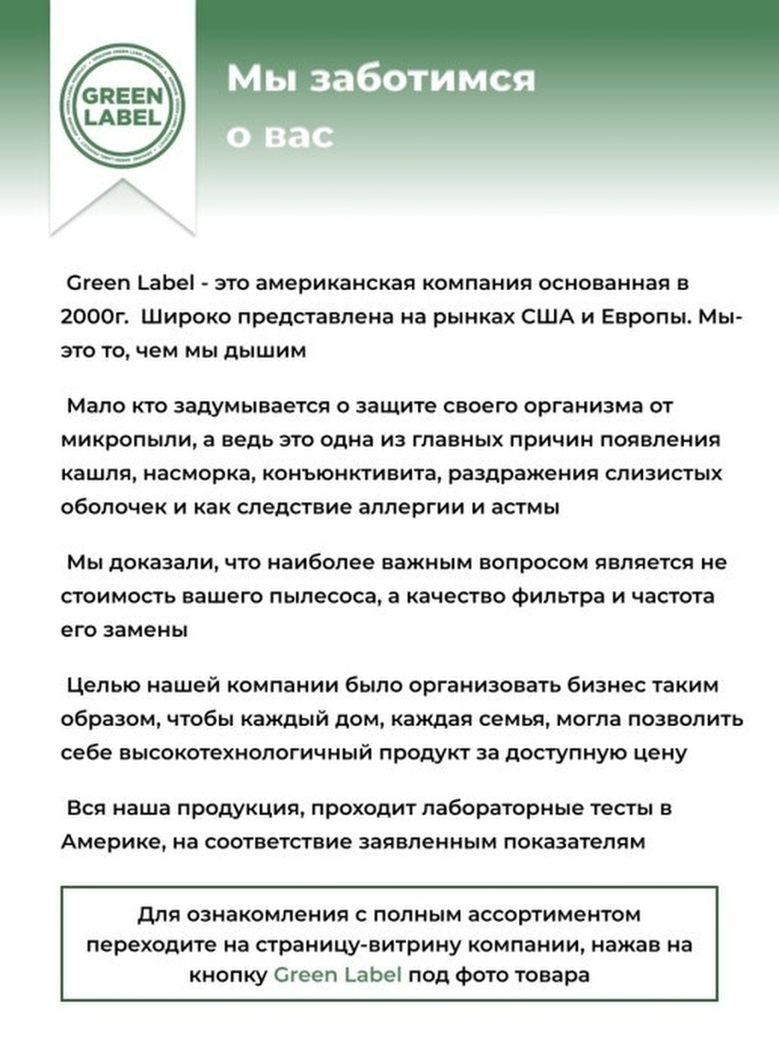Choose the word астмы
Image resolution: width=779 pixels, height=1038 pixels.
[527, 507]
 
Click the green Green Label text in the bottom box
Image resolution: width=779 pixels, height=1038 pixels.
[338, 975]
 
